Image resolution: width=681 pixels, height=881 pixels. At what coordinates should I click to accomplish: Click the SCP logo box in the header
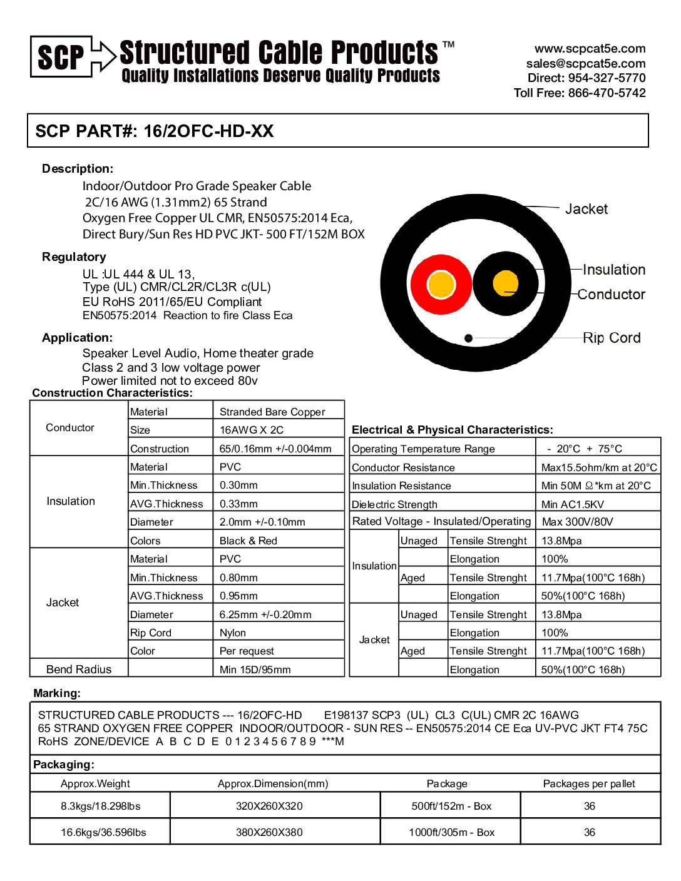[61, 57]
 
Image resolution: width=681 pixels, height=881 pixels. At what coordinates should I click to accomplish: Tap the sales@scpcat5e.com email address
[586, 63]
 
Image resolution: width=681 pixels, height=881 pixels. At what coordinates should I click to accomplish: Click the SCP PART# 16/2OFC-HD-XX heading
[155, 131]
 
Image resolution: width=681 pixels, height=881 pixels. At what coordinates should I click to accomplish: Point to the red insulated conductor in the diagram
[441, 284]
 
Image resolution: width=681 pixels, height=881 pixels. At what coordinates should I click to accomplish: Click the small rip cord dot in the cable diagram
[468, 338]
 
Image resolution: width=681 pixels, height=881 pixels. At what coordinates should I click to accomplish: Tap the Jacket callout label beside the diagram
[586, 209]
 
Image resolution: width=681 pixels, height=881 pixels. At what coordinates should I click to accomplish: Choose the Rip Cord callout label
[612, 338]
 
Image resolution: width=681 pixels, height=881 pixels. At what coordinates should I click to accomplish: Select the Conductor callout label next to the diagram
[611, 294]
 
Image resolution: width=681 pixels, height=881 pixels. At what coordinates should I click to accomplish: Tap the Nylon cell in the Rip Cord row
[233, 633]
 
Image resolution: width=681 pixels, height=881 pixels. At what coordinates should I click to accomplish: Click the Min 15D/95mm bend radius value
[255, 670]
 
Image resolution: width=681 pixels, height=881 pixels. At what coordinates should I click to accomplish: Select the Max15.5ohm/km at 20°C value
[598, 467]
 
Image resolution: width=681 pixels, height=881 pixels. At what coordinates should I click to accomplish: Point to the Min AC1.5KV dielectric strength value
[573, 504]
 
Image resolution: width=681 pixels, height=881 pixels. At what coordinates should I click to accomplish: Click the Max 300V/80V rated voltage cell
[577, 522]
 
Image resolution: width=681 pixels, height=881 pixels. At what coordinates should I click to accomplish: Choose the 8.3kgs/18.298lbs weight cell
[100, 806]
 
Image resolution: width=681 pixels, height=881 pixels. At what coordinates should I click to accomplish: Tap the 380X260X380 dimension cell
[269, 832]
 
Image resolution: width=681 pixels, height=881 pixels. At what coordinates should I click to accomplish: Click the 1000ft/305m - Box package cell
[451, 832]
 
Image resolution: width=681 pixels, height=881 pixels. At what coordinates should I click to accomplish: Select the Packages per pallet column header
[589, 783]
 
